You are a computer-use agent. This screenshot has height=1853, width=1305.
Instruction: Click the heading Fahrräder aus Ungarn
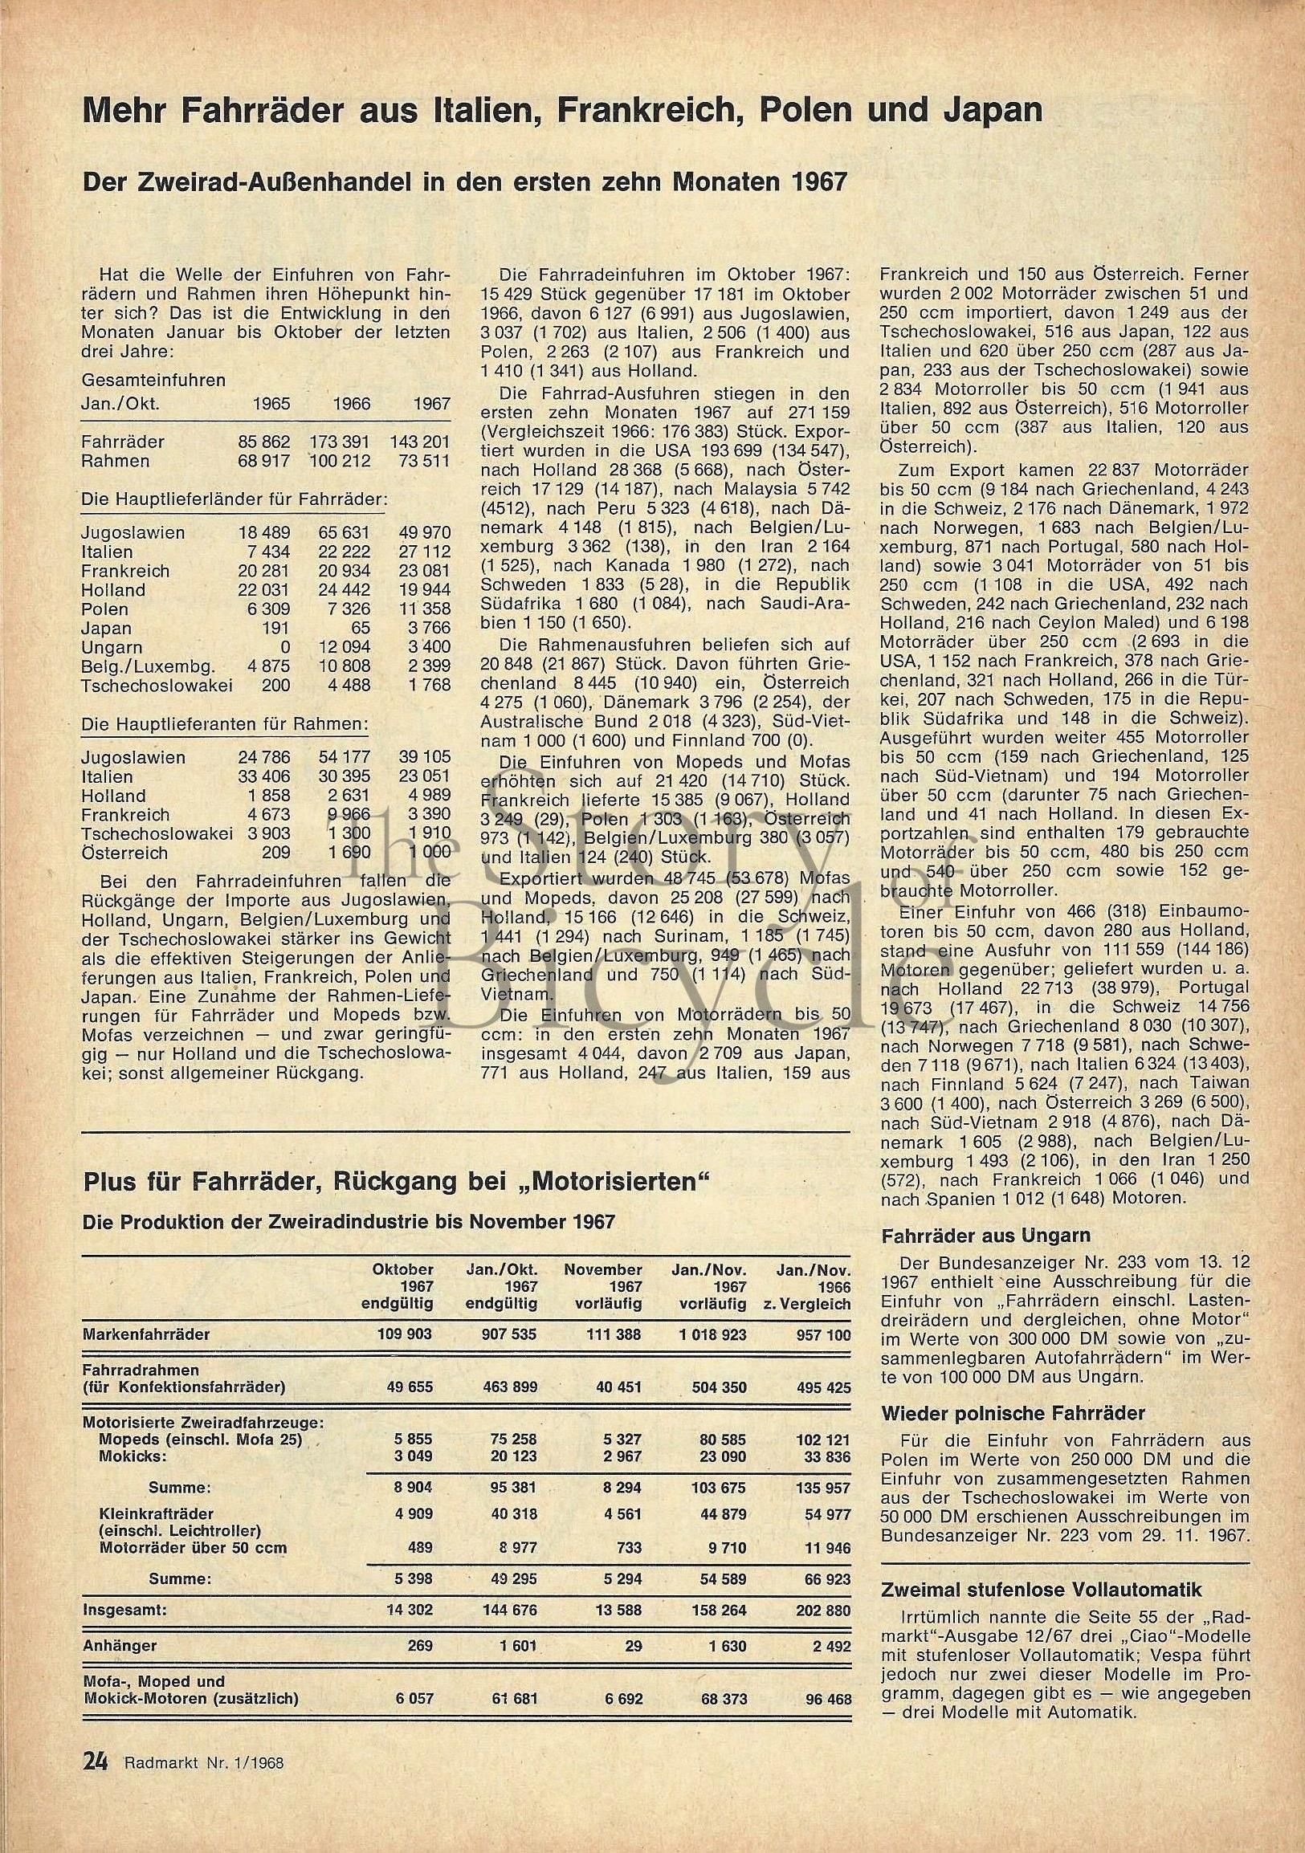point(985,1236)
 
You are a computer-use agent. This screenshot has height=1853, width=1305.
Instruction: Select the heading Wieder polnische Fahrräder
point(1013,1413)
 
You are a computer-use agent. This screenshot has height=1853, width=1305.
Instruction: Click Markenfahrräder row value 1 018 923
point(712,1334)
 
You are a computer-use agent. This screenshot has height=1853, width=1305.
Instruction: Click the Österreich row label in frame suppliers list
point(124,853)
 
